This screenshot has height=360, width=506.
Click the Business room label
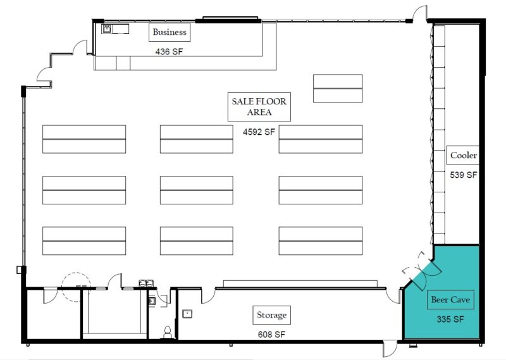(x=170, y=32)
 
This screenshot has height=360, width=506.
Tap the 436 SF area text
(x=169, y=52)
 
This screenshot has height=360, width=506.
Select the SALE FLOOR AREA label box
(x=259, y=107)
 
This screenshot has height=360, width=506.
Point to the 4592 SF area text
(x=259, y=132)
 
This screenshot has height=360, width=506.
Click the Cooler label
(x=463, y=155)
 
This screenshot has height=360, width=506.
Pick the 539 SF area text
(x=464, y=175)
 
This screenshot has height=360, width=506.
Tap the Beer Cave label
(x=450, y=300)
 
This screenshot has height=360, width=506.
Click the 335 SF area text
(x=450, y=320)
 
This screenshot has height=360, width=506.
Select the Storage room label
(x=272, y=315)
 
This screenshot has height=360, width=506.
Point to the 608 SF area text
(x=271, y=335)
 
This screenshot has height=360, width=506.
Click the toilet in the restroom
(x=167, y=332)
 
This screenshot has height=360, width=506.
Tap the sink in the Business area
(x=107, y=29)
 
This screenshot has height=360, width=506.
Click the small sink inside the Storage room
(x=187, y=314)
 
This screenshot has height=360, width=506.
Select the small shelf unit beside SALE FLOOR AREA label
(x=338, y=89)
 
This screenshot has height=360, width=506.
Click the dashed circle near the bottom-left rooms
(x=76, y=287)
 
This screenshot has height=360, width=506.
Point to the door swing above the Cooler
(x=419, y=13)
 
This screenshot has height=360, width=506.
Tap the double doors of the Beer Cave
(x=422, y=271)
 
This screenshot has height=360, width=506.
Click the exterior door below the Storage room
(x=390, y=348)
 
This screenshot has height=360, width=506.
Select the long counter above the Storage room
(x=300, y=284)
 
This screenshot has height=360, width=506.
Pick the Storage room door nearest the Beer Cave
(x=393, y=295)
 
